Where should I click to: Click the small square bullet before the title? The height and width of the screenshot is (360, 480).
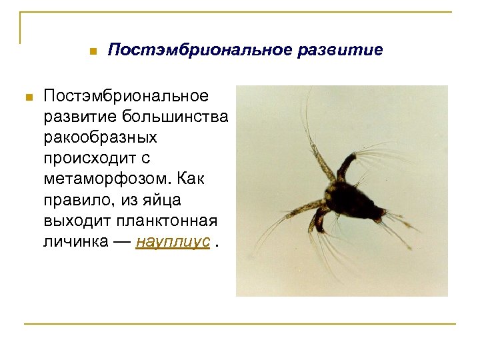(x=93, y=51)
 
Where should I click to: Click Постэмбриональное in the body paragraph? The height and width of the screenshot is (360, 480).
(x=125, y=97)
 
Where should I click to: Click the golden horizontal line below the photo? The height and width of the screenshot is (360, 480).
(x=240, y=324)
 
